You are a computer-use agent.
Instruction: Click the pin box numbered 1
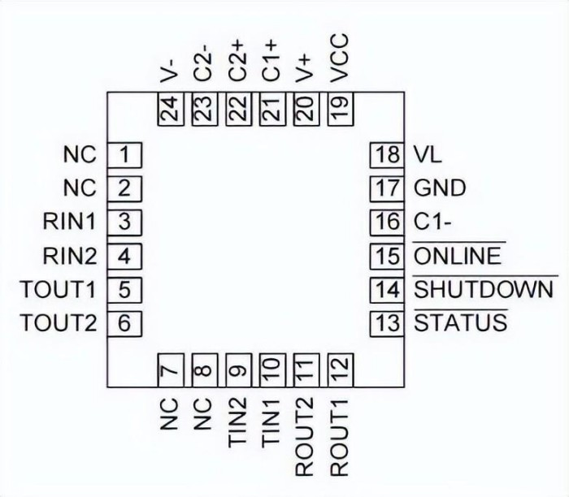(x=125, y=153)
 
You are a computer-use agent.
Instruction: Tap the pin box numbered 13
(x=387, y=322)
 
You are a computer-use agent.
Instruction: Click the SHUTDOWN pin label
(x=484, y=289)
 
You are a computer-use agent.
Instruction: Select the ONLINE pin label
(x=458, y=256)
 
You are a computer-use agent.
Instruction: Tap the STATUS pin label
(x=461, y=322)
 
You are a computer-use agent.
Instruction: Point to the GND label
(x=440, y=188)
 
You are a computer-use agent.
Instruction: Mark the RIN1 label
(x=72, y=222)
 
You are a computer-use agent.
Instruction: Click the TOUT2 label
(x=59, y=322)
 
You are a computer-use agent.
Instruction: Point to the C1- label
(x=431, y=222)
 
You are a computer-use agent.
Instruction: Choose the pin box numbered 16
(x=387, y=222)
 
